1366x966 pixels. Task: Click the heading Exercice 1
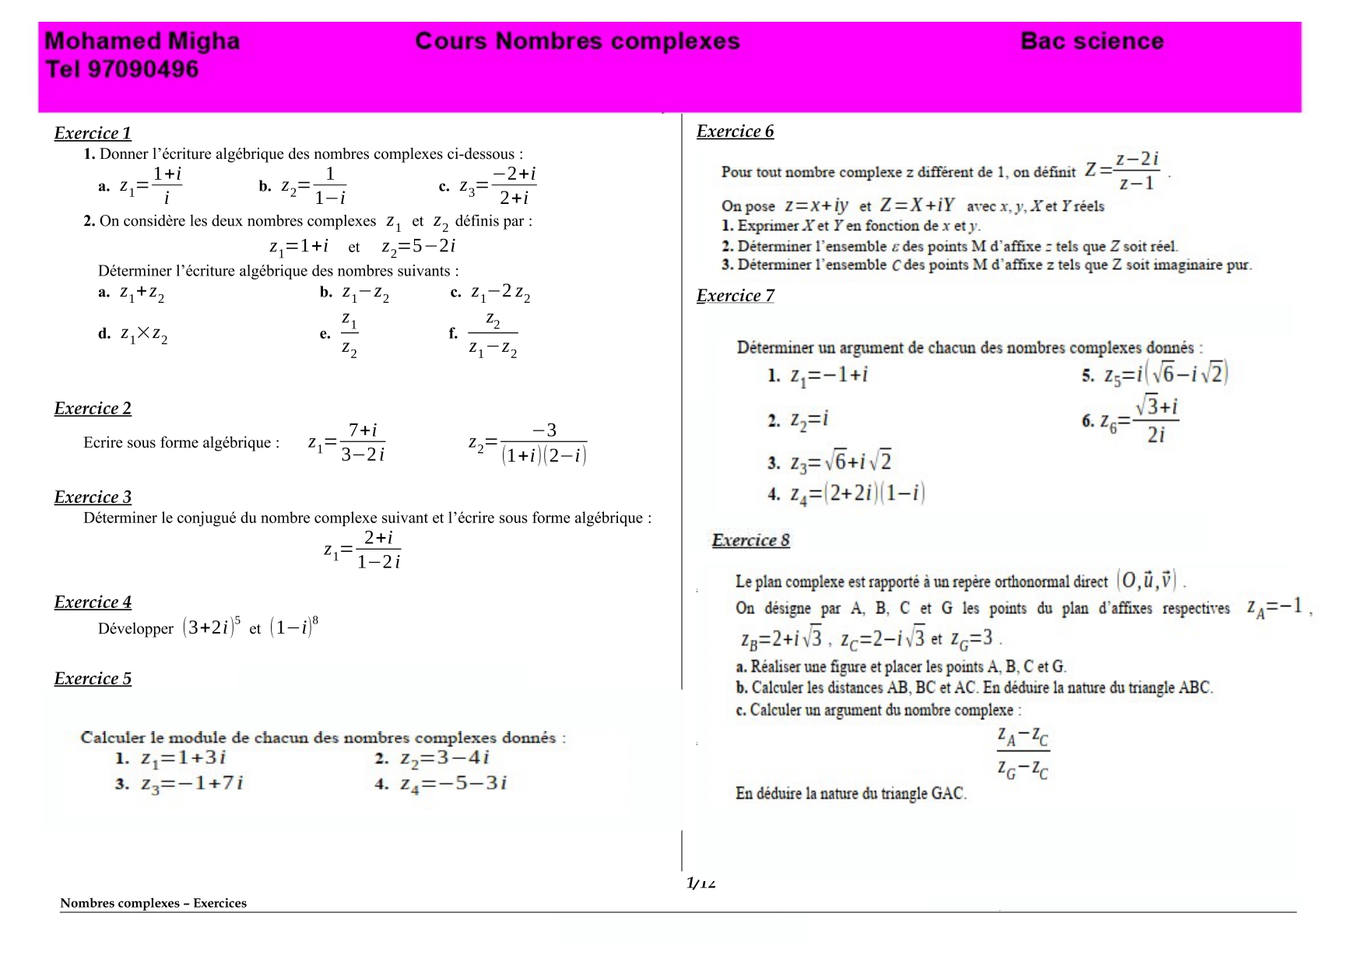93,133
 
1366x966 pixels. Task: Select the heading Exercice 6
735,132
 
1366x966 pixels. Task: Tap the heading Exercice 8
750,540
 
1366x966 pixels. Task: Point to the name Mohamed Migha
142,41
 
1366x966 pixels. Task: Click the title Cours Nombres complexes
577,41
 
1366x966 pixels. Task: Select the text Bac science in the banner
1091,41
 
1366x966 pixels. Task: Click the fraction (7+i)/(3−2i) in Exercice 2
363,442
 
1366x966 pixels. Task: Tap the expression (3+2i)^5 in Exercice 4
211,627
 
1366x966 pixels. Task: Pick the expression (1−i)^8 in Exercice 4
293,627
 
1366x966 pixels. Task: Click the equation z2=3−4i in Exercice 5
443,758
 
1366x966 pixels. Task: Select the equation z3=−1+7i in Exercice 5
191,784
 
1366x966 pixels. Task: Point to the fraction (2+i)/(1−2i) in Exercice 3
378,550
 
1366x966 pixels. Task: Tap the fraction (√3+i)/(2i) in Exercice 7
1156,420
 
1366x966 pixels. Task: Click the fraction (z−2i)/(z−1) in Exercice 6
1136,171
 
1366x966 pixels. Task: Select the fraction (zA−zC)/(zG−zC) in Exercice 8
1023,752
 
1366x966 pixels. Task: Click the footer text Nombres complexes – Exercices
153,903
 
